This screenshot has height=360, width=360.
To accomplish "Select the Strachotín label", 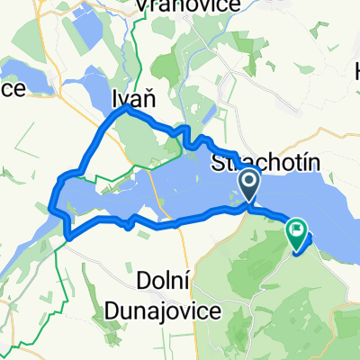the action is coord(252,164).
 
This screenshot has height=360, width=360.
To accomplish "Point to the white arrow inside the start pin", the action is coord(249,183).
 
